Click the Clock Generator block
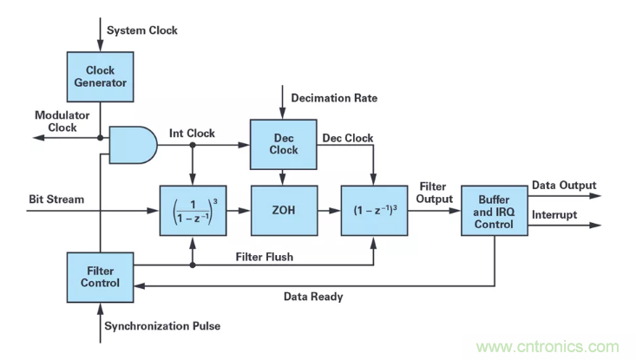pyautogui.click(x=100, y=76)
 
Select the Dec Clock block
pyautogui.click(x=285, y=143)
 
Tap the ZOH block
pyautogui.click(x=285, y=210)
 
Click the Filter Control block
pyautogui.click(x=100, y=276)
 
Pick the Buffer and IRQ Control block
pyautogui.click(x=494, y=210)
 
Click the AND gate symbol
pyautogui.click(x=133, y=143)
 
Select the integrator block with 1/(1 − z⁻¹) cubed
pyautogui.click(x=193, y=210)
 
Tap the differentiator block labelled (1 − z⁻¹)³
pyautogui.click(x=375, y=210)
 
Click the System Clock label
pyautogui.click(x=142, y=30)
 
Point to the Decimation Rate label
pyautogui.click(x=335, y=98)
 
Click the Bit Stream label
pyautogui.click(x=56, y=200)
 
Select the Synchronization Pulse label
pyautogui.click(x=162, y=326)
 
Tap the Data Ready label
pyautogui.click(x=313, y=297)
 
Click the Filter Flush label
pyautogui.click(x=265, y=257)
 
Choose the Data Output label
pyautogui.click(x=564, y=185)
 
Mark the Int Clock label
pyautogui.click(x=193, y=134)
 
